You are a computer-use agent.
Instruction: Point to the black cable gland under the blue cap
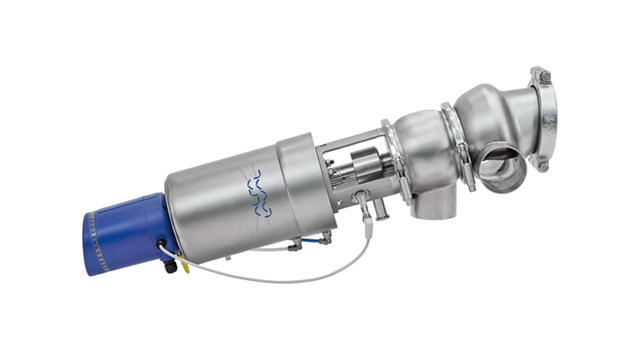170,265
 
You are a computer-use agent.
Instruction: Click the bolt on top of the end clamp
540,75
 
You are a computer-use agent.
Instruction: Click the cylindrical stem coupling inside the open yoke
366,160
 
